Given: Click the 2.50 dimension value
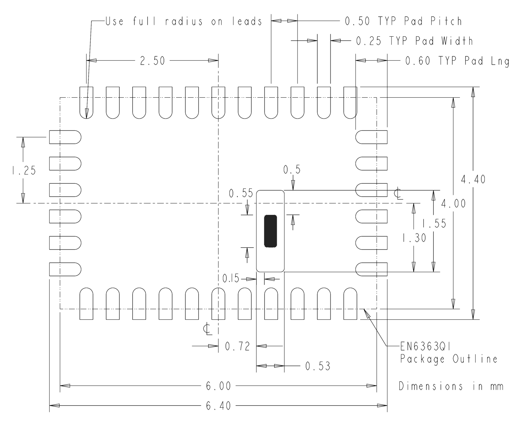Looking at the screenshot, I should click(x=152, y=61).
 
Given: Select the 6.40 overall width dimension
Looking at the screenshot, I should click(x=218, y=406).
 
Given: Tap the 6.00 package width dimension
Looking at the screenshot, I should click(x=218, y=386).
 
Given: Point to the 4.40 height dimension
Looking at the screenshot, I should click(x=473, y=179).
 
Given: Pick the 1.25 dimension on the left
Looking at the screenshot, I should click(x=23, y=170).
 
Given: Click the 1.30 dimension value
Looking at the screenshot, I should click(x=414, y=238).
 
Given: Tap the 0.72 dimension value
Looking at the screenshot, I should click(x=237, y=346).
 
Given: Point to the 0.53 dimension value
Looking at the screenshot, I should click(x=318, y=366).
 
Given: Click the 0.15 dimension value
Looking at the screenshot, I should click(x=231, y=279).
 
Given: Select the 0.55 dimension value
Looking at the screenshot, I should click(x=241, y=193).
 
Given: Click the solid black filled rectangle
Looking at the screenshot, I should click(x=271, y=231).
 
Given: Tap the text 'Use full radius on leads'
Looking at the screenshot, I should click(x=183, y=21).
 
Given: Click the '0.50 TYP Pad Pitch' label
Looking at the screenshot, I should click(x=403, y=21).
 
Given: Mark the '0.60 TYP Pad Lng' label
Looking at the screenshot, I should click(x=457, y=61).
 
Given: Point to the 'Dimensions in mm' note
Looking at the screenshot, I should click(x=451, y=386).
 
